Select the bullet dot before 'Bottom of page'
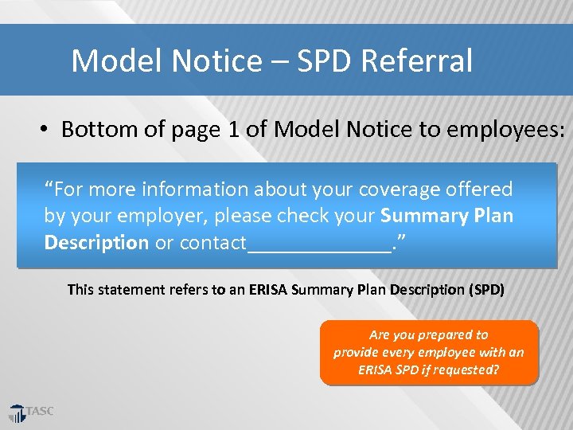45,130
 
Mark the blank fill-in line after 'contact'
319,247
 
